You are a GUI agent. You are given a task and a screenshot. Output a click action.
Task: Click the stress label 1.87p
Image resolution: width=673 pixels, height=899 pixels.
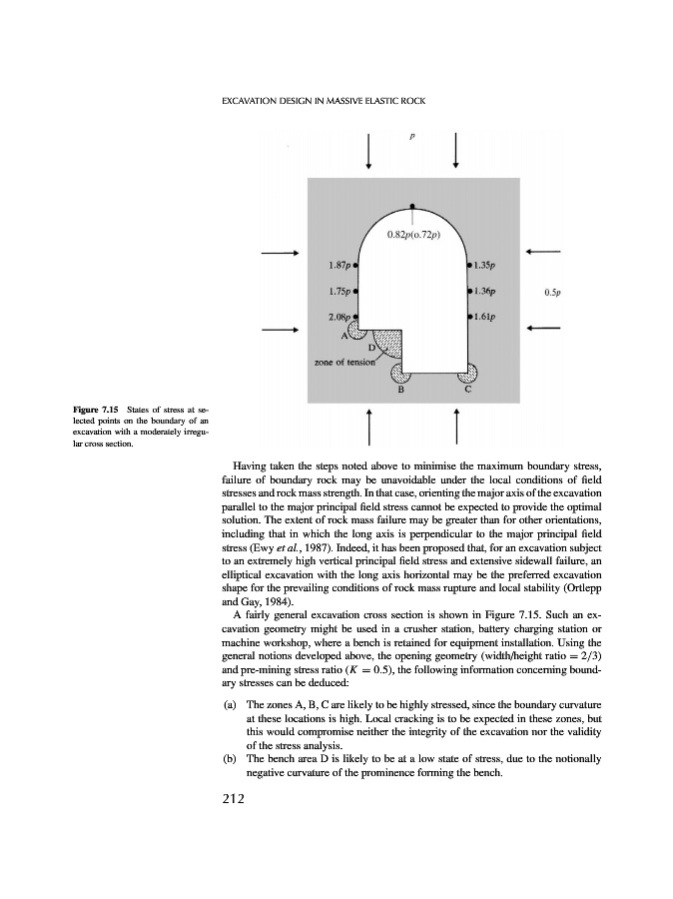(x=337, y=266)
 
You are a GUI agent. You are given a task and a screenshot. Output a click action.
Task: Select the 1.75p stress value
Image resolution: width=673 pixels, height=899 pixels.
(x=337, y=292)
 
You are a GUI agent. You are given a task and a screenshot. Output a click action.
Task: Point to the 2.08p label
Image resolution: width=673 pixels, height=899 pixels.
(x=337, y=317)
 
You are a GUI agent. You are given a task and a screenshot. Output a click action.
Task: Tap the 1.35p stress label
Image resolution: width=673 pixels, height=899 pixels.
(x=486, y=266)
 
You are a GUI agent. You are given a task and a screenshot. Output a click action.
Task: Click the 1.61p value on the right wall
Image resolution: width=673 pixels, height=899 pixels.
(x=486, y=317)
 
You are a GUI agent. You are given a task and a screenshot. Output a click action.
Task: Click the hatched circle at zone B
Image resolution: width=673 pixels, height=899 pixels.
(x=401, y=374)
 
